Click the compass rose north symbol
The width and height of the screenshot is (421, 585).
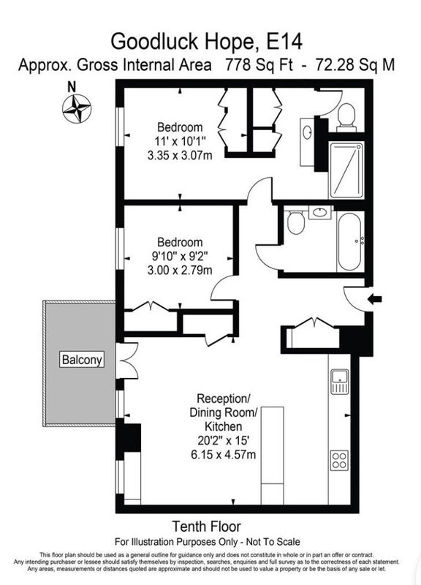[x=77, y=109]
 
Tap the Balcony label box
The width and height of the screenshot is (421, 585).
[x=82, y=360]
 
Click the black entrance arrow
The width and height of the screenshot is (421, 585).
[x=375, y=299]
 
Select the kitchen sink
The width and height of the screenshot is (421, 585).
[x=339, y=382]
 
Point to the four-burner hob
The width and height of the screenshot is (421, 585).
[x=339, y=461]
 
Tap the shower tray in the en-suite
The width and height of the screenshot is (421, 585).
[x=346, y=170]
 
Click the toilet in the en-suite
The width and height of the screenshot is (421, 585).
[x=346, y=117]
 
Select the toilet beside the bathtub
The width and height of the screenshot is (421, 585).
[x=296, y=223]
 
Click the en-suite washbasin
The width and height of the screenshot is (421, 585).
[x=307, y=132]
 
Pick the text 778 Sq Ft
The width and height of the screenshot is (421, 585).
[x=259, y=65]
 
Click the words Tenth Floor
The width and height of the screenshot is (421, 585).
[x=206, y=526]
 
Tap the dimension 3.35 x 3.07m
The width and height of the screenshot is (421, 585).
[x=180, y=155]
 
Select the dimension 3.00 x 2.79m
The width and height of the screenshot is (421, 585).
[x=180, y=270]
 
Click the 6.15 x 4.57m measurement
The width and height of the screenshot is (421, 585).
[x=224, y=454]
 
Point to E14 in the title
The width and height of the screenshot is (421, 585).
[x=284, y=42]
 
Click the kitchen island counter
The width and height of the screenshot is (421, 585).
[x=272, y=456]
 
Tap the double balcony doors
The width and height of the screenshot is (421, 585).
[x=127, y=361]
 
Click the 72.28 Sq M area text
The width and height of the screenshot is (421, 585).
[x=354, y=65]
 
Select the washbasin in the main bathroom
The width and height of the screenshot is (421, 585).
[x=320, y=213]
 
